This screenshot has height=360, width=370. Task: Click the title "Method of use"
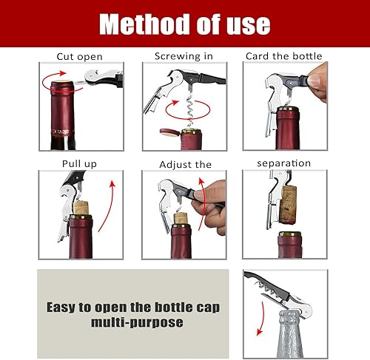pos(185,24)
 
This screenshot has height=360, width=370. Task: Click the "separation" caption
pos(283,163)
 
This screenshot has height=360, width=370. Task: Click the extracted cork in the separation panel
pos(290,200)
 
